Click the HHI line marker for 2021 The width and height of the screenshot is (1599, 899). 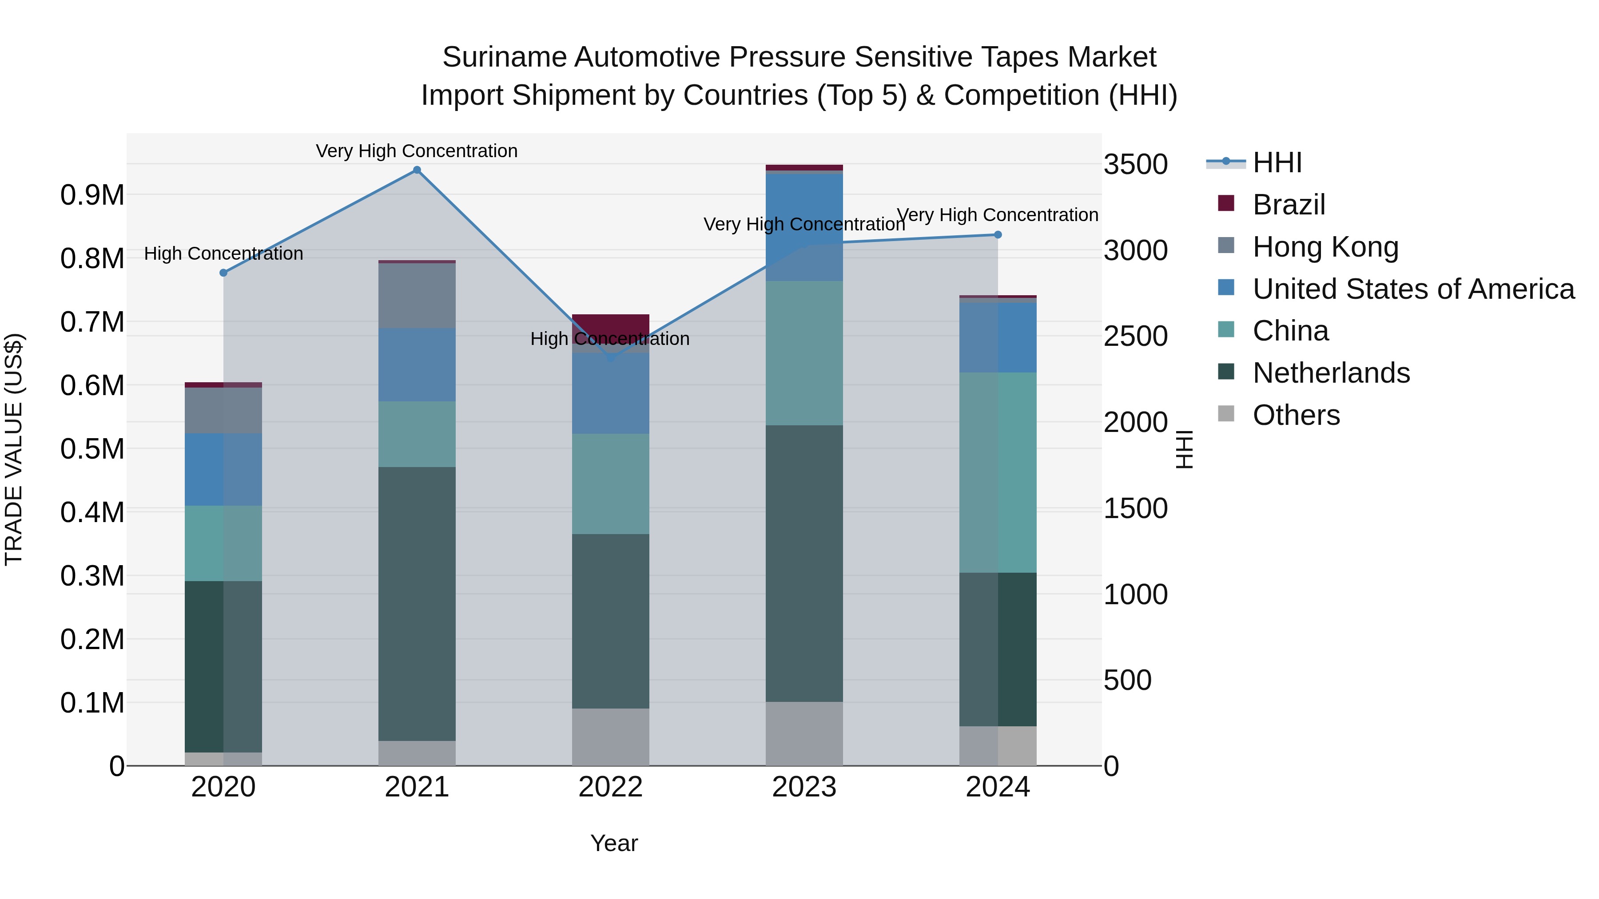[417, 170]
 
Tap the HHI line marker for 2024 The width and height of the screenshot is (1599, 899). [998, 234]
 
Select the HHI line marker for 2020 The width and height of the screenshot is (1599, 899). [223, 273]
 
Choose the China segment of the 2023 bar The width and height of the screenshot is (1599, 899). [804, 352]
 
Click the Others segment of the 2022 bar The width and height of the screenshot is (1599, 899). [610, 737]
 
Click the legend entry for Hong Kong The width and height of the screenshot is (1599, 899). [1325, 247]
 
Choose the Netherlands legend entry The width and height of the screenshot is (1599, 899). [1331, 373]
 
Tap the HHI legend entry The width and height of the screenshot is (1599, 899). [1277, 162]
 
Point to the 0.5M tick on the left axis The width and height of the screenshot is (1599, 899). [92, 448]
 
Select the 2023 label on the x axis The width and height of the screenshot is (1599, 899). [804, 787]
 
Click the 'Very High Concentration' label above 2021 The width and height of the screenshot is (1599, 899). [417, 151]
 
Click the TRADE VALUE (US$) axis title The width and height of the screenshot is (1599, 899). [14, 449]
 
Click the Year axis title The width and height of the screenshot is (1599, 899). [614, 843]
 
